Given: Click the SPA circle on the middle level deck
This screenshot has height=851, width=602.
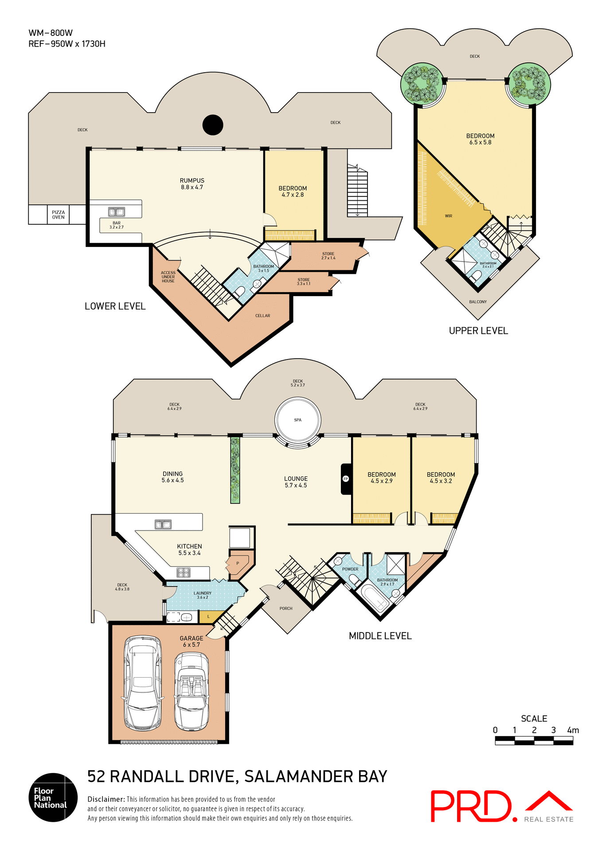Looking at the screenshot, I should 297,420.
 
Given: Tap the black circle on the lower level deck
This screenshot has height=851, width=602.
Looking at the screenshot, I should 213,125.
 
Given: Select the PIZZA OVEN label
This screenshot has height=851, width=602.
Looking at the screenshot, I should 58,215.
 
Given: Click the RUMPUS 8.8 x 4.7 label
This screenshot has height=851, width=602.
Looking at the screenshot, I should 192,184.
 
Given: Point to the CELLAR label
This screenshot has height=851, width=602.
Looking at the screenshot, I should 262,316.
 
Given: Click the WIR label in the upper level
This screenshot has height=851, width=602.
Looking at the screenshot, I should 449,216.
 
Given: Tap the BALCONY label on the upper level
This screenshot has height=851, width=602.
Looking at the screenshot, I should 478,302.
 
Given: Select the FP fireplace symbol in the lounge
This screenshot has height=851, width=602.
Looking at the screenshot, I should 346,479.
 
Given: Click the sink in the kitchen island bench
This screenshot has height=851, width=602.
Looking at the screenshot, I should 163,525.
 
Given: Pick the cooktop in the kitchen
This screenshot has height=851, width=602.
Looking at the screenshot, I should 184,572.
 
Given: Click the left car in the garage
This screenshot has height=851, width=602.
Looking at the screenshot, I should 142,683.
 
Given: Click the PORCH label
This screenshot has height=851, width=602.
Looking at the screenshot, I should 286,609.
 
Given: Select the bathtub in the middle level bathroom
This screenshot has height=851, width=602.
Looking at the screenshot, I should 375,598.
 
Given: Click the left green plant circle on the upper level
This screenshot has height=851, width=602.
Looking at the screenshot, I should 422,84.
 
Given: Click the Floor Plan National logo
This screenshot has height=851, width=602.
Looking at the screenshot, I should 53,798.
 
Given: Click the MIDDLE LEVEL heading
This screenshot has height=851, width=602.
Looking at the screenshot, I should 380,636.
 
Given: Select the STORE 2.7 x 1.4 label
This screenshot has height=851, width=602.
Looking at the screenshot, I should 328,256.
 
